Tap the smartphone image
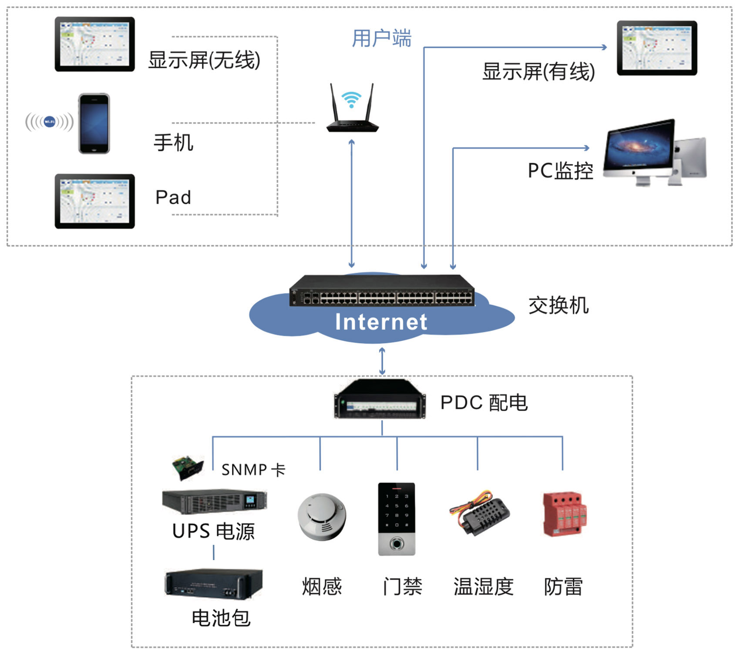click(x=94, y=124)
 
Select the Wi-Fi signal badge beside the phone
click(x=49, y=122)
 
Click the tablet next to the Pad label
click(x=94, y=201)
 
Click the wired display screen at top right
click(x=657, y=48)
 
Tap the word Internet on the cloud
click(x=381, y=322)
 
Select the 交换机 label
click(x=558, y=305)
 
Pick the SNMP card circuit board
click(x=188, y=467)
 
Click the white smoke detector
click(x=322, y=517)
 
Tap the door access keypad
click(x=397, y=519)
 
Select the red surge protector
click(x=565, y=514)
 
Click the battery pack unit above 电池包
click(x=214, y=583)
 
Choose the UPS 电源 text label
click(x=213, y=531)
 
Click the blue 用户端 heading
click(x=381, y=38)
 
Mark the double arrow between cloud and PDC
click(x=382, y=361)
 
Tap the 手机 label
click(x=173, y=143)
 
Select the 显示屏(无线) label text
click(x=204, y=60)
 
